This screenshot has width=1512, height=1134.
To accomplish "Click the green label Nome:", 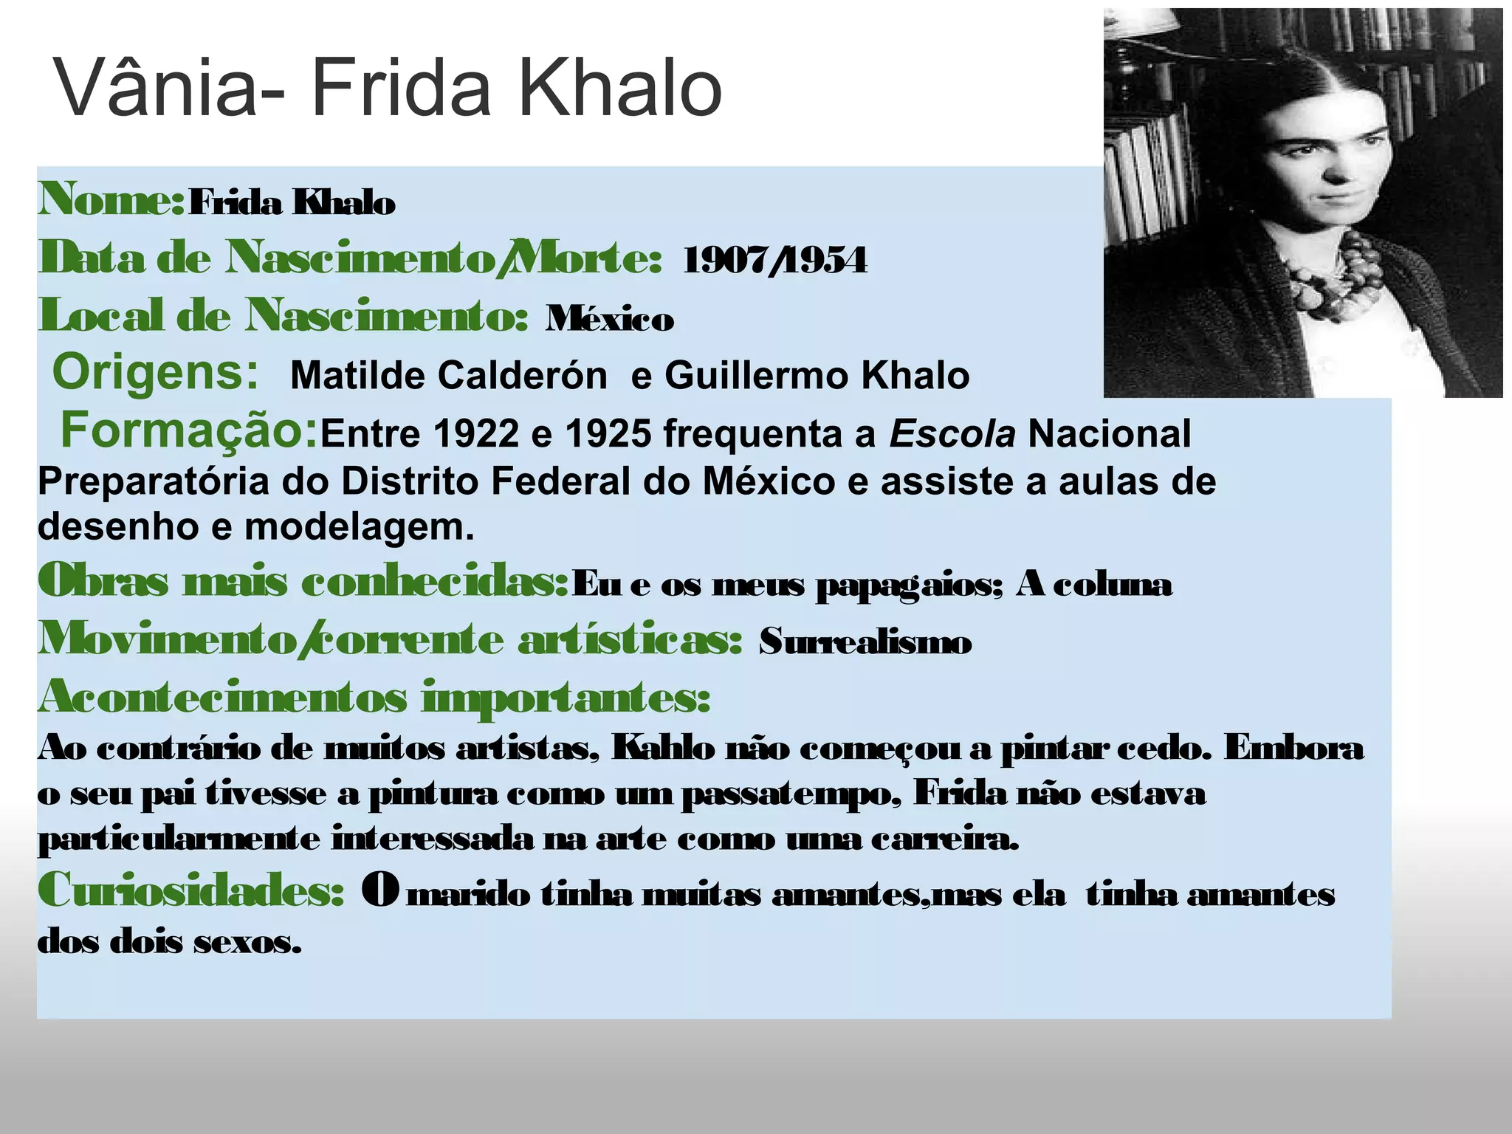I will tap(111, 199).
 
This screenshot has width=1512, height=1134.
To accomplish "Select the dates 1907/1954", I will tap(774, 261).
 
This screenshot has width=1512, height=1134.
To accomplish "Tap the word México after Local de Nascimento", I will tap(610, 319).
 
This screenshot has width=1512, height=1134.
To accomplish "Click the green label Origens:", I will tap(155, 371).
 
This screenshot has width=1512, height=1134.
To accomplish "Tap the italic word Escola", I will tap(952, 433).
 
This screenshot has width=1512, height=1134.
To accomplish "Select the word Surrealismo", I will tap(865, 642).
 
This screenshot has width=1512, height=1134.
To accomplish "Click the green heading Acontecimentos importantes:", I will tap(374, 697).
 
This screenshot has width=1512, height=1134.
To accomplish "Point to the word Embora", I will tap(1293, 749).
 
